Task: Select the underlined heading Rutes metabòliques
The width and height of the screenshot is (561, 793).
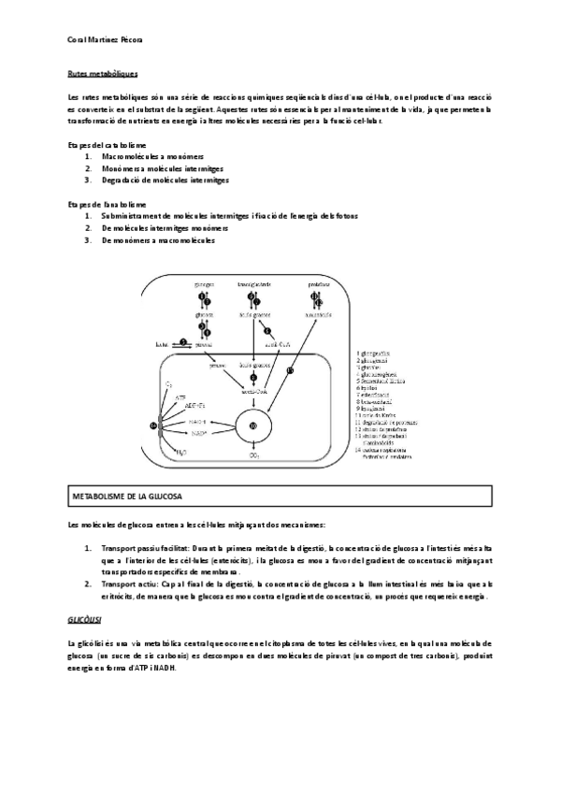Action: tap(104, 73)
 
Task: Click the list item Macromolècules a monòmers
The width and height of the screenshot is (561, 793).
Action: tap(152, 157)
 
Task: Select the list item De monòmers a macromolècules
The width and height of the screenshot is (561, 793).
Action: tap(158, 240)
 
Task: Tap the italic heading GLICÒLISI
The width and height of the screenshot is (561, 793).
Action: tap(86, 620)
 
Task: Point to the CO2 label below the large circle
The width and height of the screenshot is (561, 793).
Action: tap(253, 456)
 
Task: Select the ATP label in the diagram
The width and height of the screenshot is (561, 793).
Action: tap(181, 396)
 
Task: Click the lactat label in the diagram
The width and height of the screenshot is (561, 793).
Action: tap(163, 344)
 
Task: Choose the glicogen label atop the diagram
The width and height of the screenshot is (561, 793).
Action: tap(205, 283)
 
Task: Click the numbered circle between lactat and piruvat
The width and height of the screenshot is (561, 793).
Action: tap(184, 343)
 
